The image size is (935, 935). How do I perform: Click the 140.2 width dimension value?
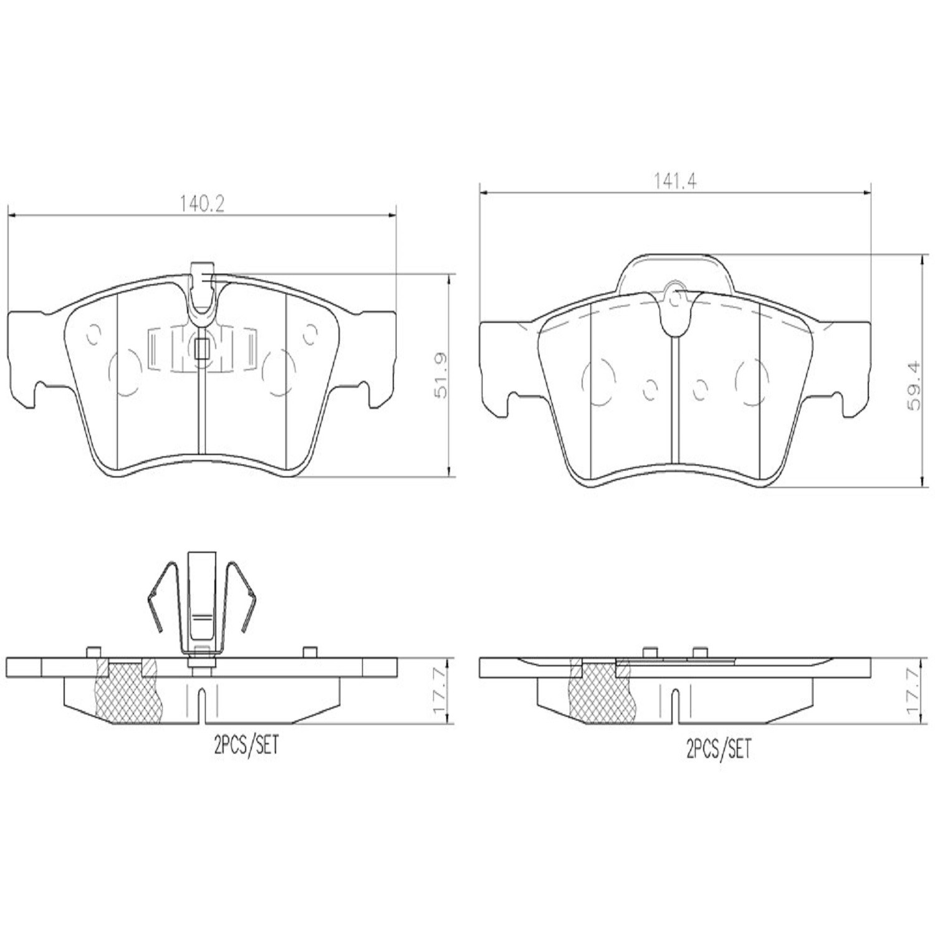click(x=202, y=204)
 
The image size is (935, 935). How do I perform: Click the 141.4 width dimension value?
click(x=675, y=181)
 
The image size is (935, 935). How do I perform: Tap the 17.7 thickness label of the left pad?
click(x=441, y=692)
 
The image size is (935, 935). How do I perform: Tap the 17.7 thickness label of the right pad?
click(x=914, y=692)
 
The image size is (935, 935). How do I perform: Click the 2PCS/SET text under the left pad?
click(x=246, y=747)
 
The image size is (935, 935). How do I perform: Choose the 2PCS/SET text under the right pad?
click(x=719, y=749)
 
